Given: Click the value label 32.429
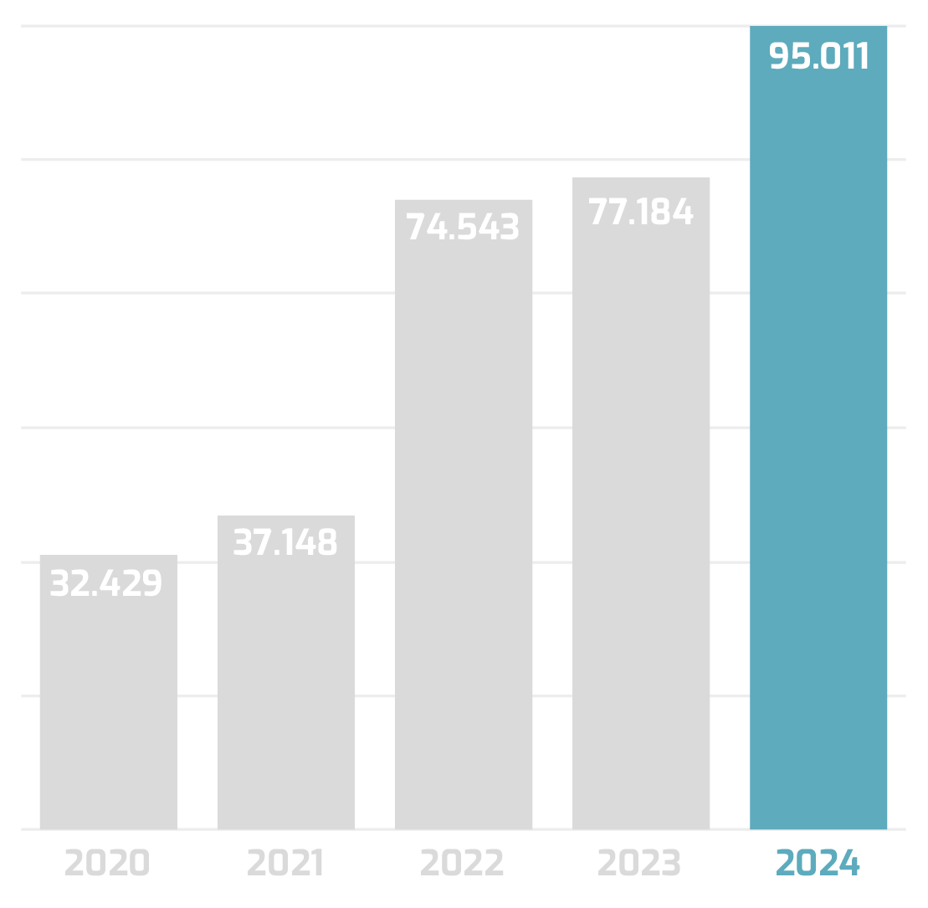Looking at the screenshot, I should pos(106,583).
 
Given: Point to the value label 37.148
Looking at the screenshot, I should pos(285,543).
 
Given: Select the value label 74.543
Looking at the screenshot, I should pos(463,228).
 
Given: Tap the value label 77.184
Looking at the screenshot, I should pos(641,212).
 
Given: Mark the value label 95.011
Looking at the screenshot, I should pos(819,56).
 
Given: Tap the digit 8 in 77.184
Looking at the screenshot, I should pos(660,212).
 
